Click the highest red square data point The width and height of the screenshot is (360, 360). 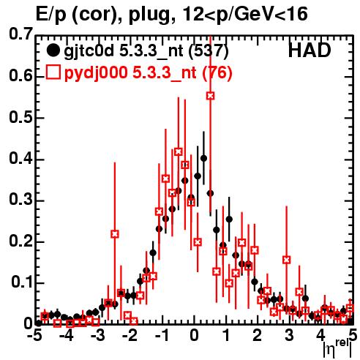coord(211,96)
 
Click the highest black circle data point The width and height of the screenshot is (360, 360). coord(203,159)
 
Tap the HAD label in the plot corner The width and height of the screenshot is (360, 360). coord(310,50)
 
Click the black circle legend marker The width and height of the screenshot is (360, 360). coord(53,50)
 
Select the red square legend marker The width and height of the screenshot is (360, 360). coord(53,72)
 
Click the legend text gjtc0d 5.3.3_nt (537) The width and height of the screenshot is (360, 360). coord(146,52)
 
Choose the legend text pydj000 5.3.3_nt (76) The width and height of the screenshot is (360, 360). coord(148,73)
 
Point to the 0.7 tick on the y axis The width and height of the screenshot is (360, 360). coord(20,34)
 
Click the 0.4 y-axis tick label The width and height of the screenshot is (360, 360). coord(20,158)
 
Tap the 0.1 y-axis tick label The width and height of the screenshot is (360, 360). coord(22,282)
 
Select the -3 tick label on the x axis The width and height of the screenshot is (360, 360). coord(98,335)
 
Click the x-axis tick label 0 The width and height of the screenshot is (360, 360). coord(195,335)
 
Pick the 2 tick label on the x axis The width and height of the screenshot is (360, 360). coord(258,335)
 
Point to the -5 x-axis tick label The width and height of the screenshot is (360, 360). coord(34,335)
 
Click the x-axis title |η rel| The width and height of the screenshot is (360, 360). coord(338,349)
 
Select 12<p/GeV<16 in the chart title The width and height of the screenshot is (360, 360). coord(244,14)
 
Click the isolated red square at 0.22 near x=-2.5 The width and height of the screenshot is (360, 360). coord(115,234)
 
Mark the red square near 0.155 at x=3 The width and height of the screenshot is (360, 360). coord(287,260)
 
